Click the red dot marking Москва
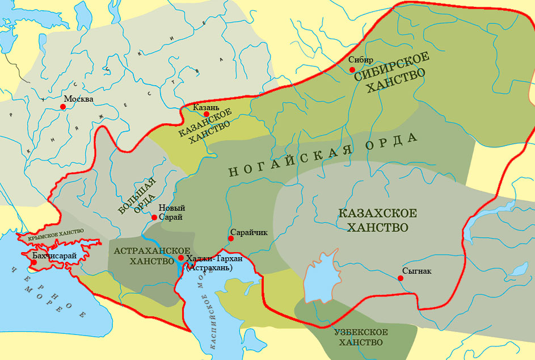[x=63, y=106]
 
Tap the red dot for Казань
[x=207, y=114]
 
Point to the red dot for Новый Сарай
[x=154, y=217]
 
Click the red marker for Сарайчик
[x=231, y=238]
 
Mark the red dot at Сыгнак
[x=401, y=278]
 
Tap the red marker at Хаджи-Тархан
[x=181, y=258]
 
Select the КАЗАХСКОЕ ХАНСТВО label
[x=373, y=221]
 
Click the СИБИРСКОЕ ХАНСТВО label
[x=392, y=74]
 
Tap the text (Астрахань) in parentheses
[x=209, y=267]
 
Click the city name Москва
[x=78, y=99]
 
